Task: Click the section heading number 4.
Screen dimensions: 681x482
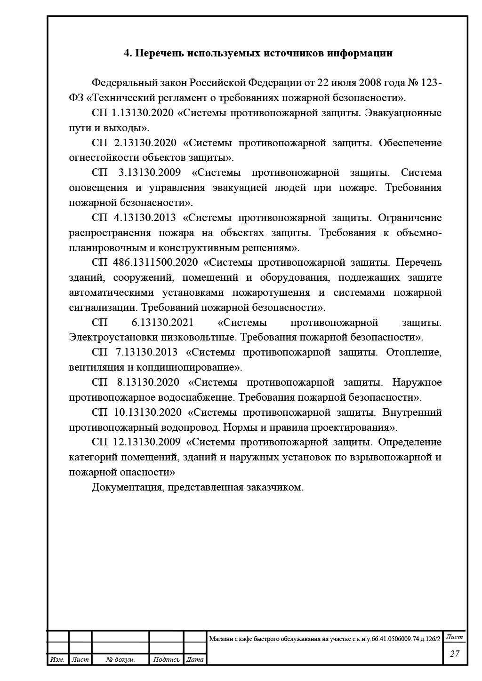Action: (x=127, y=53)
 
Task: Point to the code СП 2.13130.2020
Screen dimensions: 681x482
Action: (x=134, y=143)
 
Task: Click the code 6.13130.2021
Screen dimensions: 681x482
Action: (x=162, y=323)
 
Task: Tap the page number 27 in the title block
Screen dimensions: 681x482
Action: (x=454, y=654)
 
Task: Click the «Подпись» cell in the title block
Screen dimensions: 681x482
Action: (x=166, y=660)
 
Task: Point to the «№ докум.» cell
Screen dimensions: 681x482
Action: (x=120, y=660)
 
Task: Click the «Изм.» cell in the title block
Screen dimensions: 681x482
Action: (x=57, y=660)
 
